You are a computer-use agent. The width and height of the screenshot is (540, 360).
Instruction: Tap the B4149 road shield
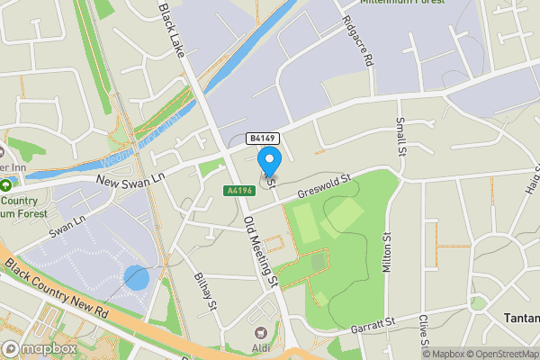pos(264,139)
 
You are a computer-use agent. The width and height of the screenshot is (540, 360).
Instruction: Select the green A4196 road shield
pos(238,190)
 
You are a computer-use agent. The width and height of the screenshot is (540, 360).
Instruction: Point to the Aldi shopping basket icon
pos(263,333)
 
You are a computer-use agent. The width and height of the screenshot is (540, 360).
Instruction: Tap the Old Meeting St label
pos(260,256)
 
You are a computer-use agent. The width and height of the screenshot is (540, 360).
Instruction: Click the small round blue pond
pos(136,278)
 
